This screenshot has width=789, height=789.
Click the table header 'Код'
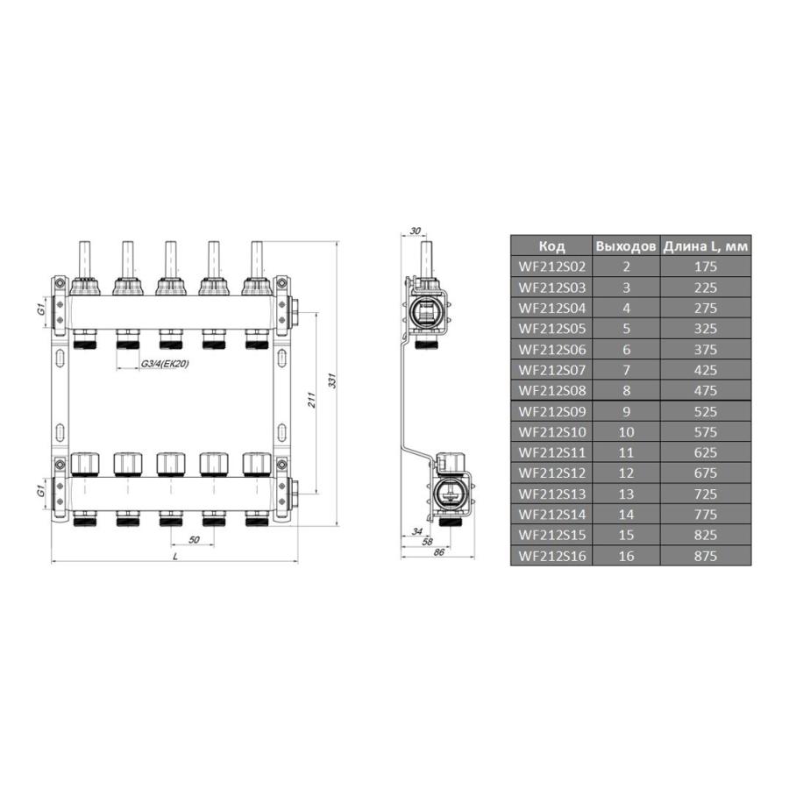[551, 246]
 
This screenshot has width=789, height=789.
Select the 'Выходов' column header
[625, 246]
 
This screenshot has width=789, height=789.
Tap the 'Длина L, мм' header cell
[706, 246]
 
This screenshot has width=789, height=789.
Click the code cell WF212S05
[551, 329]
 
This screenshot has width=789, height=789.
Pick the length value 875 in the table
[706, 556]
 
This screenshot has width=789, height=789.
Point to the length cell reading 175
[706, 267]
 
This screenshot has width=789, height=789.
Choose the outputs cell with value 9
[625, 411]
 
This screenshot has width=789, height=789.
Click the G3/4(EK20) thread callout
[165, 364]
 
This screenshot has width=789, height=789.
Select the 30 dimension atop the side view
[415, 231]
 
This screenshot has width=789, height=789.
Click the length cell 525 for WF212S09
[706, 411]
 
